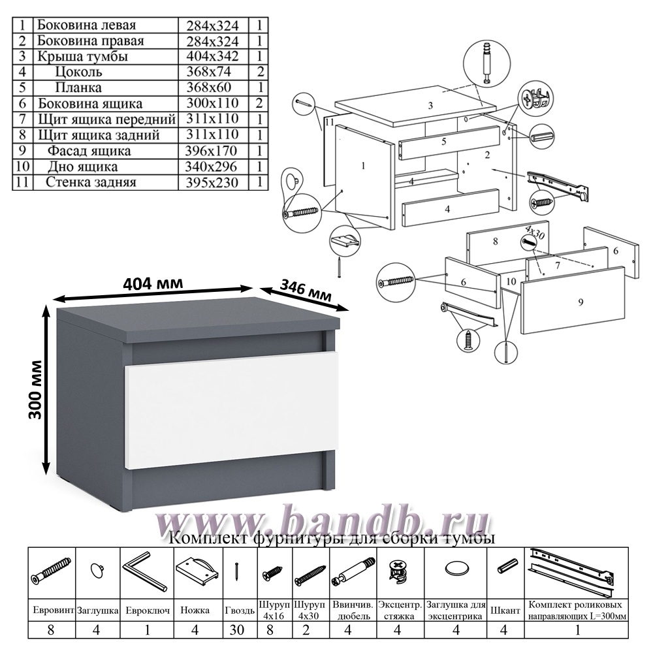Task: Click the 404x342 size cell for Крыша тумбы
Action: [212, 56]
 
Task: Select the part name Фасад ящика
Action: [89, 151]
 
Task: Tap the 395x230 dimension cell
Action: [212, 182]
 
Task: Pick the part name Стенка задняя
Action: [91, 182]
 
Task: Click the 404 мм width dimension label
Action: [153, 283]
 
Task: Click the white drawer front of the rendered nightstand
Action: [232, 411]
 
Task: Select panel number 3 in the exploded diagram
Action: [417, 106]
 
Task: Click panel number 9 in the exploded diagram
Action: [574, 300]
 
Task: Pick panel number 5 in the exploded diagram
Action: [449, 142]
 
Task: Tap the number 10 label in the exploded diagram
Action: [511, 281]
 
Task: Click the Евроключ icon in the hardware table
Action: [144, 571]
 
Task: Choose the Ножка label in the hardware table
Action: [195, 610]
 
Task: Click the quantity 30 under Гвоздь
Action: [236, 629]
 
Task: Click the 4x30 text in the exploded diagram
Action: [535, 232]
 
